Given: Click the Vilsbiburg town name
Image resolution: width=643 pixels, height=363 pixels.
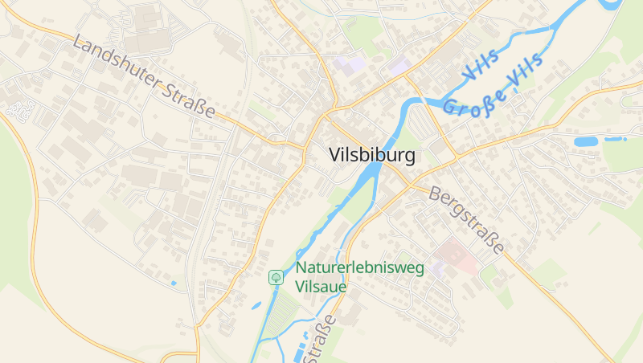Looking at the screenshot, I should coord(372,156).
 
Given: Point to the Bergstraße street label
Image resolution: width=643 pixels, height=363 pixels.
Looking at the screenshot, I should coord(467,219).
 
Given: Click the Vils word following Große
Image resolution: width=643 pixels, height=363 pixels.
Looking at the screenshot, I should coord(526,71).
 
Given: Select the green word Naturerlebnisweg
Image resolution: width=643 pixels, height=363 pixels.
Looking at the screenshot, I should coord(360,269).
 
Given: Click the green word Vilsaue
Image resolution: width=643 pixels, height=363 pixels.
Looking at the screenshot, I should coord(321,286).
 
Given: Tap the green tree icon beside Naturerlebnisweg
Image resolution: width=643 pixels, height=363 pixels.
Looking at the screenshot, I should coord(276,277).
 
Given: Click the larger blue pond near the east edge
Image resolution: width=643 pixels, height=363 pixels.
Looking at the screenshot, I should coord(586,141).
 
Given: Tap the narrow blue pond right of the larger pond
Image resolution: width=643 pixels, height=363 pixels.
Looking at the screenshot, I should coord(615,139).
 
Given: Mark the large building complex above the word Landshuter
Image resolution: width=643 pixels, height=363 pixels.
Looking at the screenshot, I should coord(145,24).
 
